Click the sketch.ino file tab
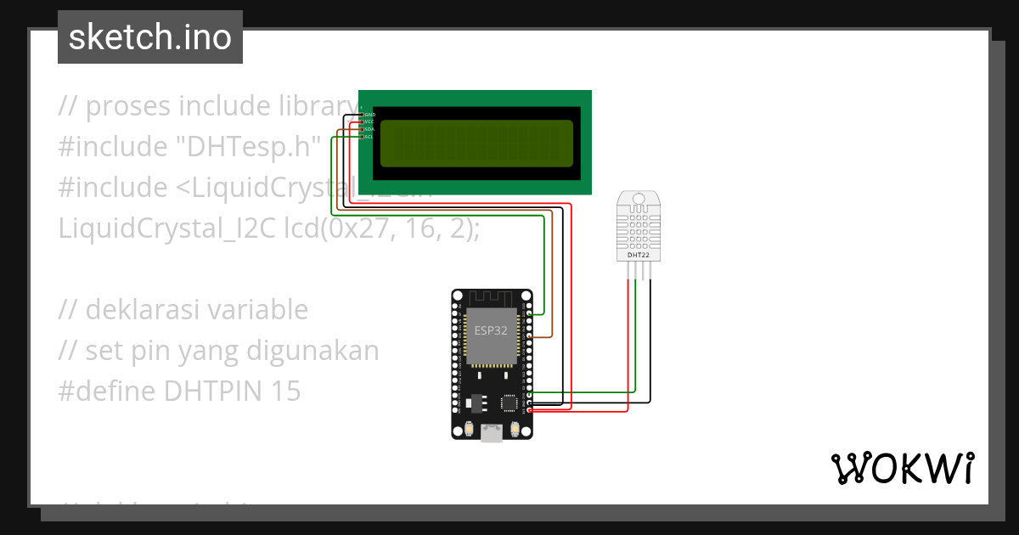click(150, 37)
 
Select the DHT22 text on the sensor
click(639, 254)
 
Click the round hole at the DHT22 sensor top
click(639, 200)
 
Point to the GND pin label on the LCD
click(369, 114)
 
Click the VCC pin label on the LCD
click(369, 121)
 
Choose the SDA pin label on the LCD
click(369, 129)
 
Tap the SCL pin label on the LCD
click(369, 137)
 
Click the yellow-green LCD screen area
click(476, 143)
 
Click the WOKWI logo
click(902, 468)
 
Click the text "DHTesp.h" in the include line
click(248, 147)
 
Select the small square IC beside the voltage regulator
click(510, 403)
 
